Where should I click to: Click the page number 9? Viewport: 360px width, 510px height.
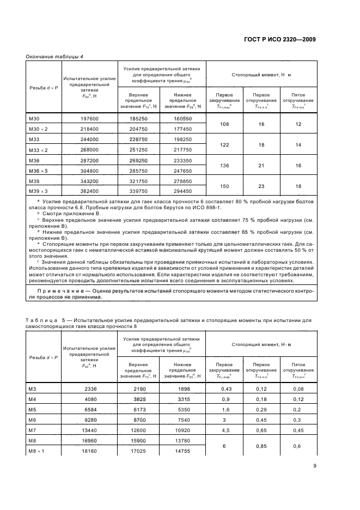[x=314, y=465]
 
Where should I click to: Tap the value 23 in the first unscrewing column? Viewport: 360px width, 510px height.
[x=261, y=186]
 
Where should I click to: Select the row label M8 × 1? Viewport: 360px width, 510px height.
[x=36, y=451]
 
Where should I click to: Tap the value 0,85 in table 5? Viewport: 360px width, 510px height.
[x=261, y=445]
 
